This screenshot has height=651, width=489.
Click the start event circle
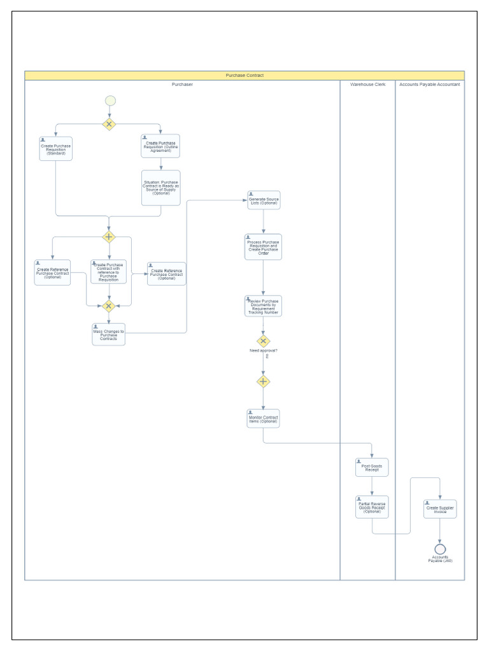click(x=110, y=100)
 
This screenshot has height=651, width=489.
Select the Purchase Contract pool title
click(x=244, y=76)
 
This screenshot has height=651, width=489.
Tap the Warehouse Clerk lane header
click(x=367, y=85)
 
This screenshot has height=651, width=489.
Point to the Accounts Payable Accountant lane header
click(x=430, y=85)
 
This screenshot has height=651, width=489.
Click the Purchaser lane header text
click(x=182, y=85)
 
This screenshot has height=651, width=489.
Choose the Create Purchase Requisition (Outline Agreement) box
click(x=160, y=146)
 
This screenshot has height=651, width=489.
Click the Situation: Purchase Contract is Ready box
click(x=160, y=188)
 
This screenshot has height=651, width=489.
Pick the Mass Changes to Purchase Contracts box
click(x=109, y=334)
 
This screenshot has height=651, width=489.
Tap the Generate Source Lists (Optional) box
click(x=263, y=200)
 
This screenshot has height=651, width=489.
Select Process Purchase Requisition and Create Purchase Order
click(x=263, y=247)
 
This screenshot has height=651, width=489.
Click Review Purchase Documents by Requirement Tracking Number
click(x=263, y=306)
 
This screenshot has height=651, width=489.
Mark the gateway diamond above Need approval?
click(x=263, y=341)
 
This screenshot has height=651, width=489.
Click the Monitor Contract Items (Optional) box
click(x=263, y=418)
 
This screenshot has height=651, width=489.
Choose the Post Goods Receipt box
click(x=372, y=467)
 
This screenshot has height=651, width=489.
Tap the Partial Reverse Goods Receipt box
click(x=372, y=507)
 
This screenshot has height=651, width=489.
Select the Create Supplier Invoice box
click(x=440, y=509)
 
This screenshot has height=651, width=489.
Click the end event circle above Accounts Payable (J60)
click(x=440, y=549)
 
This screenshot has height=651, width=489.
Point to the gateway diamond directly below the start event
click(x=110, y=124)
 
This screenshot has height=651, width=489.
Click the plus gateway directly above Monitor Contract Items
click(x=263, y=381)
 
